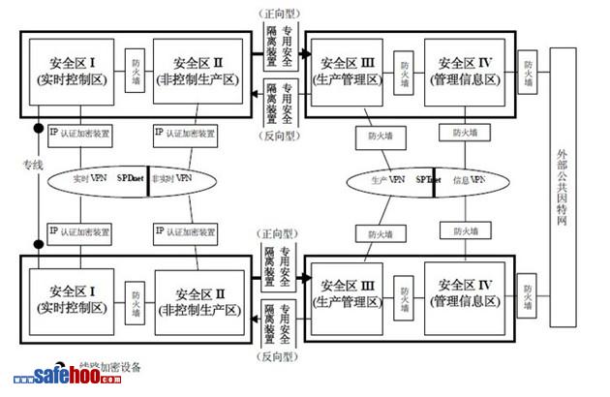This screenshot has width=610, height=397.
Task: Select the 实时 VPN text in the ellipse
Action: click(x=92, y=180)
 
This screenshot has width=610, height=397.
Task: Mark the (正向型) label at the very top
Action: click(x=280, y=15)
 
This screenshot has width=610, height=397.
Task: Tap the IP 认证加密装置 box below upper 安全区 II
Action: click(x=191, y=132)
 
